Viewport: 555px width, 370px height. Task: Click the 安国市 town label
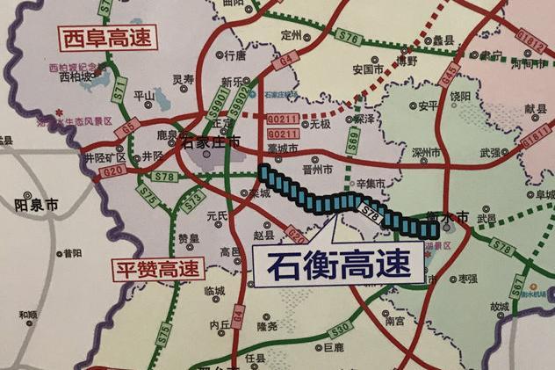(367, 68)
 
